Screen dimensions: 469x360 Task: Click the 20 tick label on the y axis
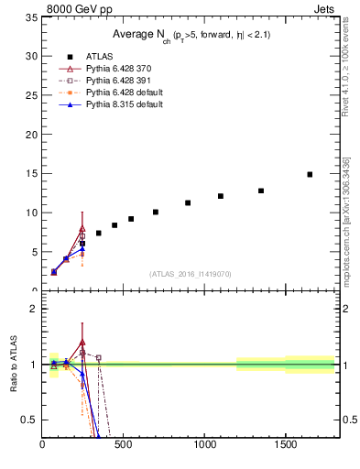click(x=30, y=135)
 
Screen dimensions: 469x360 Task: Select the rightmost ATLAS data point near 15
click(x=310, y=174)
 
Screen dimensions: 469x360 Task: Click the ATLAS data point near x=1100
click(x=221, y=196)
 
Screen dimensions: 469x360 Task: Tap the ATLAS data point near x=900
click(x=188, y=202)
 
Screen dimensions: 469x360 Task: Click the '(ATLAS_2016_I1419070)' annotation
click(x=191, y=273)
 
